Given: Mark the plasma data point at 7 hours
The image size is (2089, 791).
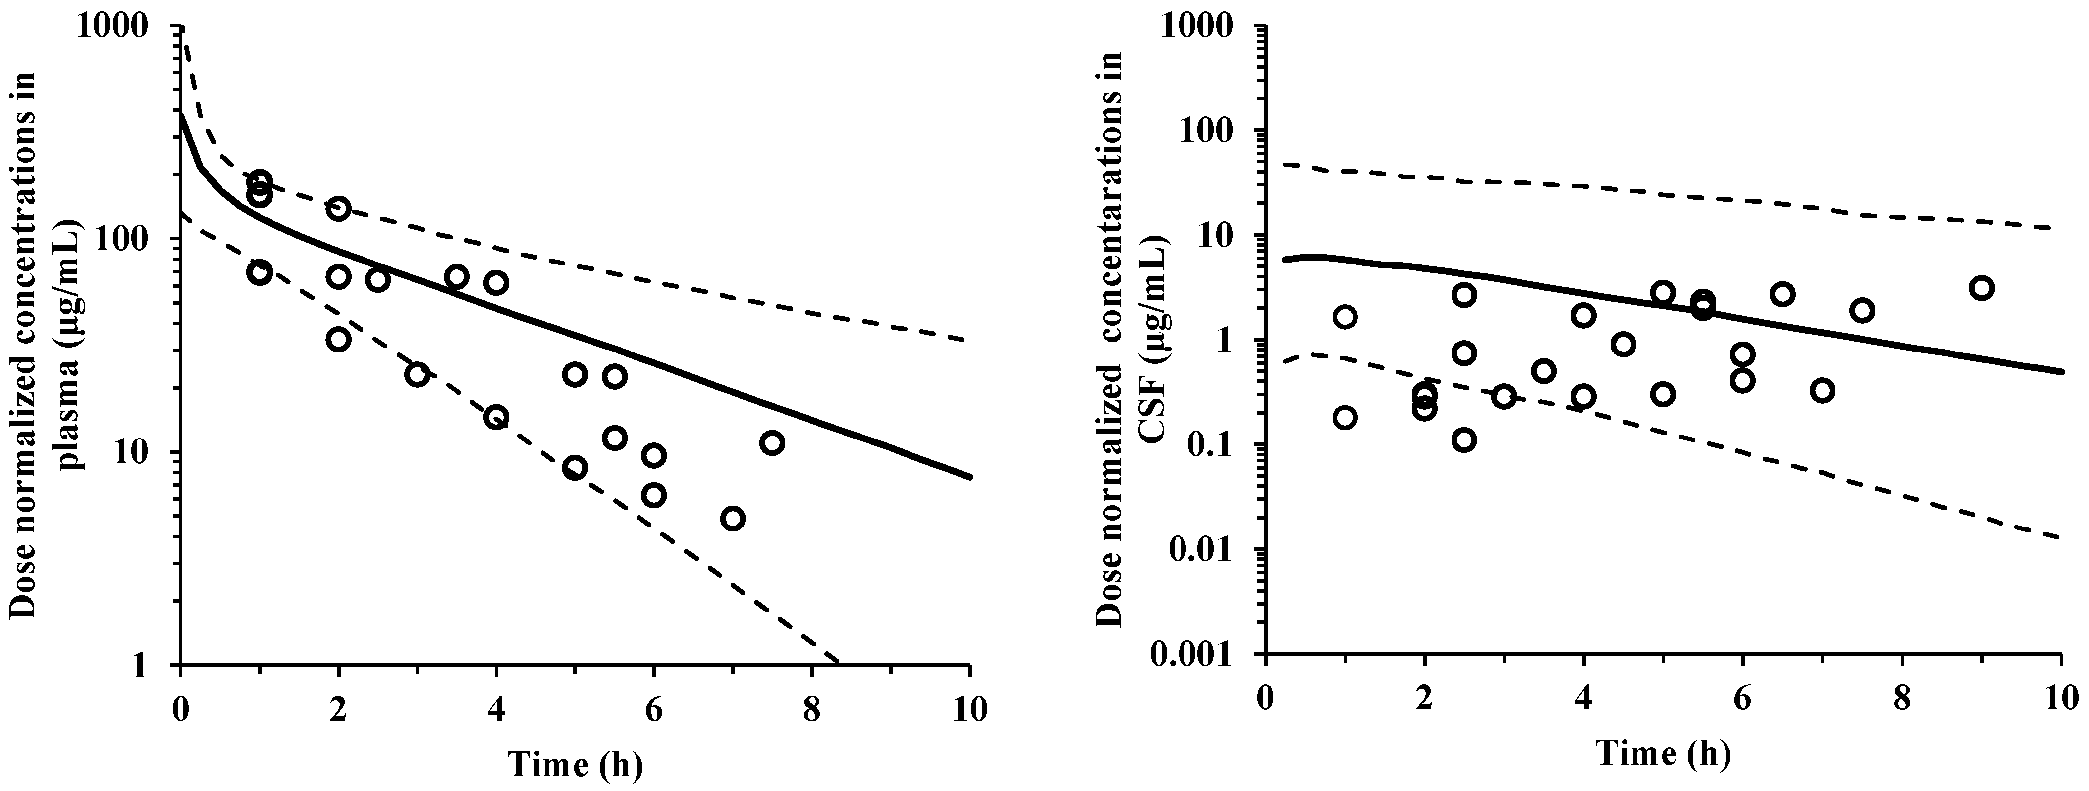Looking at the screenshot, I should (733, 519).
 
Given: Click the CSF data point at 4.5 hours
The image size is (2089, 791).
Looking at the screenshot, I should (1623, 345).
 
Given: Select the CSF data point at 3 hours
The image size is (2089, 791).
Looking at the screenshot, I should (1504, 396).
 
